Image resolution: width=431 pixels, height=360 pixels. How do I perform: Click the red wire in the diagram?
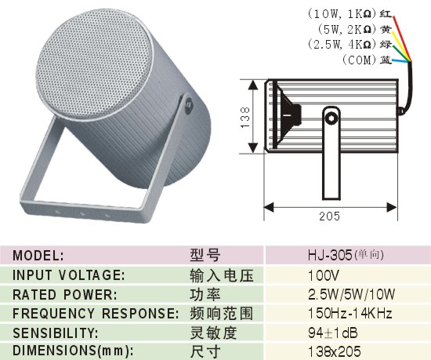tap(402, 38)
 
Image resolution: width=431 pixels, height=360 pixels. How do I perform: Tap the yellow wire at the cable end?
tap(401, 45)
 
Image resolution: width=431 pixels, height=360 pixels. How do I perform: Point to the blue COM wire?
tap(401, 60)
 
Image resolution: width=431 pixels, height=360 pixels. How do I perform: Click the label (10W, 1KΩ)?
tap(342, 14)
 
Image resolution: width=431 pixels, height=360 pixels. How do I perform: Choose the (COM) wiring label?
tap(359, 60)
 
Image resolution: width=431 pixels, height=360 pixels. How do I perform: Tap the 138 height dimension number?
tap(245, 117)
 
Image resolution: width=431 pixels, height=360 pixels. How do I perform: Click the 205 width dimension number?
tap(330, 216)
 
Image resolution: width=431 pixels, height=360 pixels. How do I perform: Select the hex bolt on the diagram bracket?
tap(331, 118)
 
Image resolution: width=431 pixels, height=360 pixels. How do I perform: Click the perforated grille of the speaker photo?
tap(93, 64)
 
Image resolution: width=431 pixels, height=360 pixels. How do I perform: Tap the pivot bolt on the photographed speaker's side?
tap(189, 104)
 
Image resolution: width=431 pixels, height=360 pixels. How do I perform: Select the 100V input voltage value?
tap(324, 275)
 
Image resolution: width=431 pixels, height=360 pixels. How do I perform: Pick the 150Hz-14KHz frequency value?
tap(350, 313)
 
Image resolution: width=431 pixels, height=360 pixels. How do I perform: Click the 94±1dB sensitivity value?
tap(333, 333)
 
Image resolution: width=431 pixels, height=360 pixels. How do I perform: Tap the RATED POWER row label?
tap(65, 295)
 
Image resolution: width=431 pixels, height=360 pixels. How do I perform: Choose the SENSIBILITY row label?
tap(56, 333)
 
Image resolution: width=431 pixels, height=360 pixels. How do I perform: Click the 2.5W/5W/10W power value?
tap(352, 294)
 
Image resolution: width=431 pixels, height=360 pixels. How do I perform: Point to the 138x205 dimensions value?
tap(335, 351)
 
